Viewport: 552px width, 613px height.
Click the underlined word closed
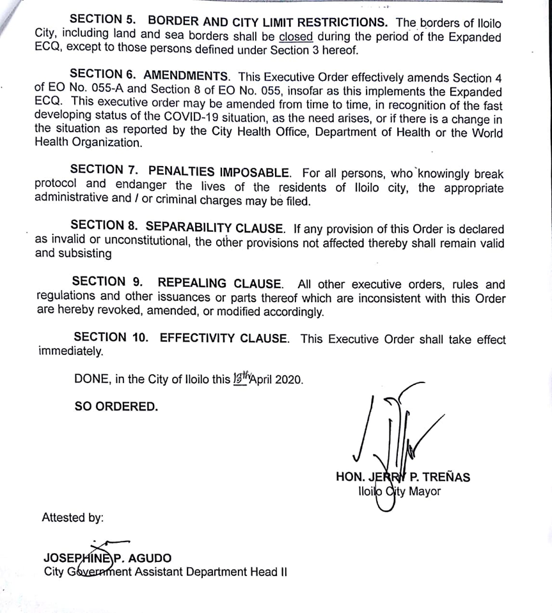296,36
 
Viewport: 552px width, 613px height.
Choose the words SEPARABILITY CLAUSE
214,228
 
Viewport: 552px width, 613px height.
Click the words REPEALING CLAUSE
219,284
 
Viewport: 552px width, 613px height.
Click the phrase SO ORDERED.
116,406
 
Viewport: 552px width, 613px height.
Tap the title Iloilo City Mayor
399,491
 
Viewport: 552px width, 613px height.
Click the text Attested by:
72,517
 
